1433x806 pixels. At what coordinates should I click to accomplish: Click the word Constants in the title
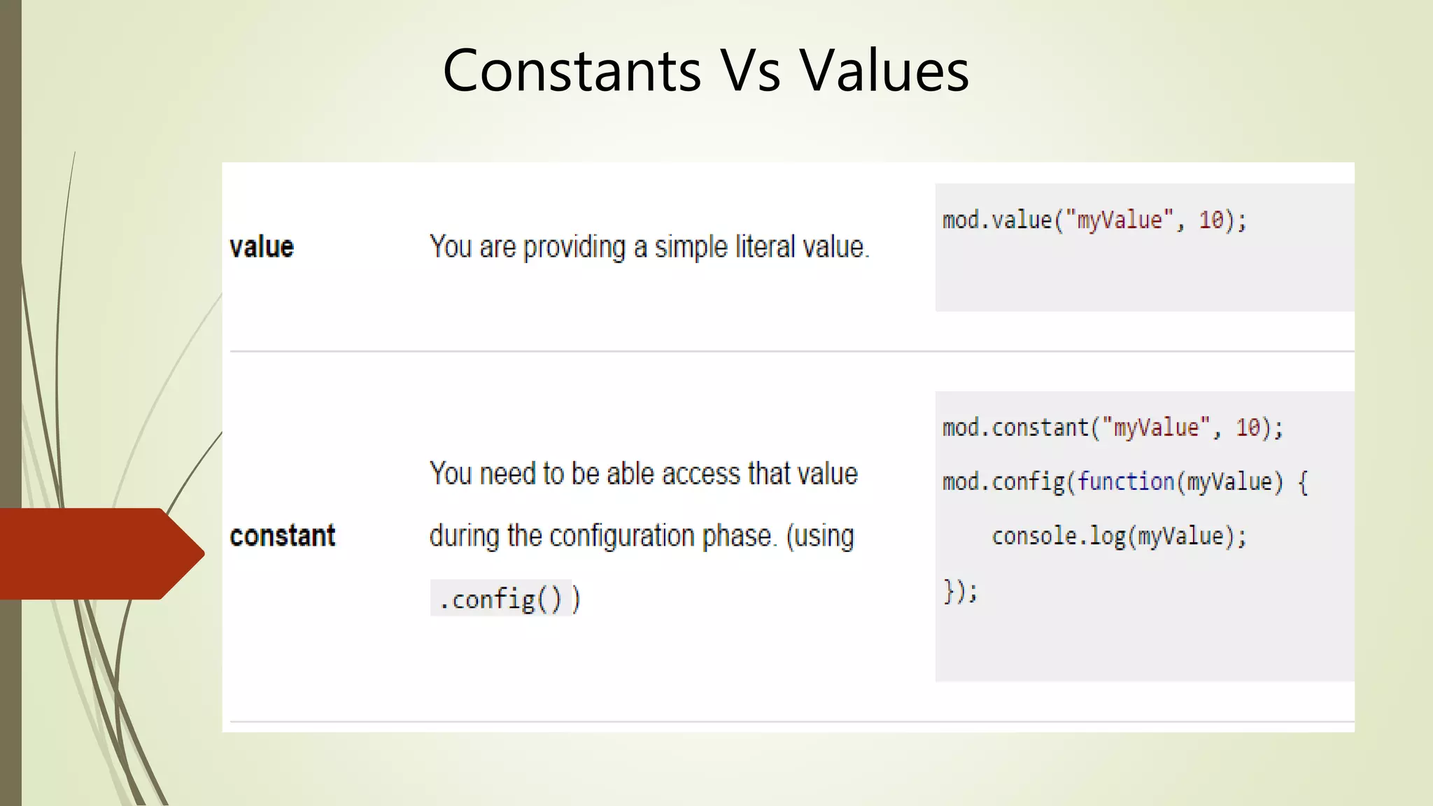[x=572, y=71]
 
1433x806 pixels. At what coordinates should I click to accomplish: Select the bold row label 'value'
[x=262, y=247]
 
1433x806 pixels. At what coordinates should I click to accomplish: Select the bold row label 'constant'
[x=283, y=536]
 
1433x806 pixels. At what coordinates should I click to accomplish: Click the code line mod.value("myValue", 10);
[x=1094, y=220]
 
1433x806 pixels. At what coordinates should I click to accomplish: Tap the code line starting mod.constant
[x=1113, y=427]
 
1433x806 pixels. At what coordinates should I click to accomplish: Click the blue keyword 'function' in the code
[x=1125, y=481]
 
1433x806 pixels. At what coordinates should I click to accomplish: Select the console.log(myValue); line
[x=1119, y=536]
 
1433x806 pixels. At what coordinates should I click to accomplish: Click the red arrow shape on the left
[x=98, y=553]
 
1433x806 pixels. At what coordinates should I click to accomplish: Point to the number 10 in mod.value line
[x=1210, y=220]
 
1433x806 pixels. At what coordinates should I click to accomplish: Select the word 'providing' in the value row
[x=574, y=248]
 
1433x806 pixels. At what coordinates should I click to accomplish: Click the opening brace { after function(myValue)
[x=1303, y=482]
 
